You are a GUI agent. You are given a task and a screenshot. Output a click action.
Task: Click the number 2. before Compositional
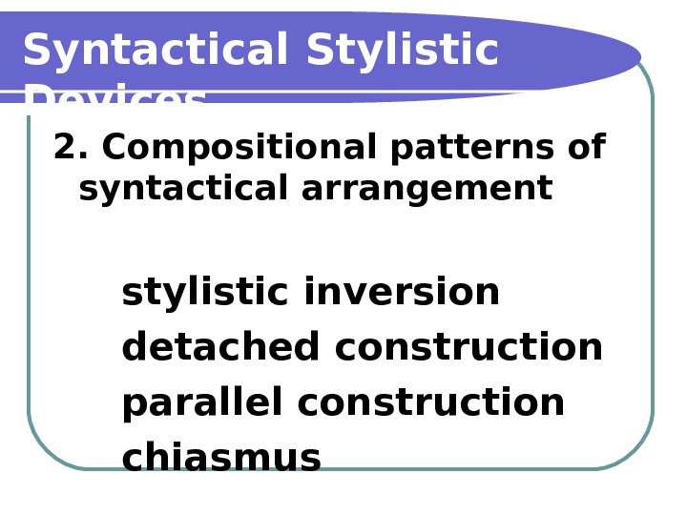(71, 148)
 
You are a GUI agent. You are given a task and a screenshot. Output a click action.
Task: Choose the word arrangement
(427, 190)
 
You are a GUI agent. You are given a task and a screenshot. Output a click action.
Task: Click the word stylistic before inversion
(204, 293)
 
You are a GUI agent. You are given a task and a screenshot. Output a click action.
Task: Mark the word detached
(220, 348)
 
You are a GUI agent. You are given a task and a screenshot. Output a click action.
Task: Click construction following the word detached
(468, 348)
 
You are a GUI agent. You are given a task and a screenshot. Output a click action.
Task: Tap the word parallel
(202, 403)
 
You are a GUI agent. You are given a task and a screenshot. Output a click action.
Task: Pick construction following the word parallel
(431, 403)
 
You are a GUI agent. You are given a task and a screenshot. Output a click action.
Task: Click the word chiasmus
(221, 459)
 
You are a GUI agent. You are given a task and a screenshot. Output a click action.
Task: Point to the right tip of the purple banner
(637, 56)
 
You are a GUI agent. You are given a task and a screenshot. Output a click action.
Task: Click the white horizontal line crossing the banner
(286, 92)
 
